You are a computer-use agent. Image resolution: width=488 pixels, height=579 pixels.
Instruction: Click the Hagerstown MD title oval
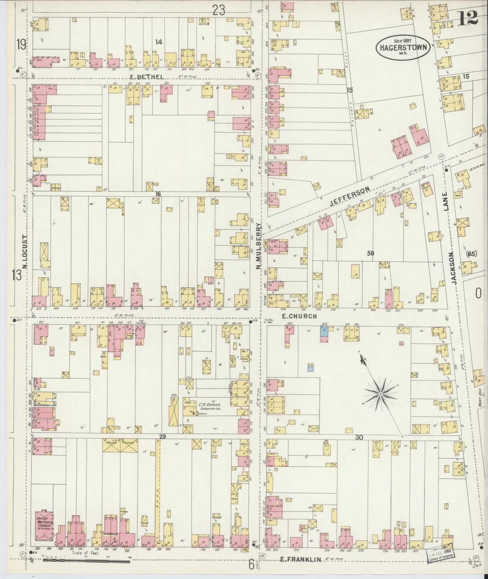403,47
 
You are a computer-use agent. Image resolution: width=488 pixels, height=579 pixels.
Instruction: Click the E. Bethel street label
147,77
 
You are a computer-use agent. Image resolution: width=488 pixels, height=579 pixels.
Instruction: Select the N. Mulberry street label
259,246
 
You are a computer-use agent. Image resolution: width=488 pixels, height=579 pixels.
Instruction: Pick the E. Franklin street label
301,560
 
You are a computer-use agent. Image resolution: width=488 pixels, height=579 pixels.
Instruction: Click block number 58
370,253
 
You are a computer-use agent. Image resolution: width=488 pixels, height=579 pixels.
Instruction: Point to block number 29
162,437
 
